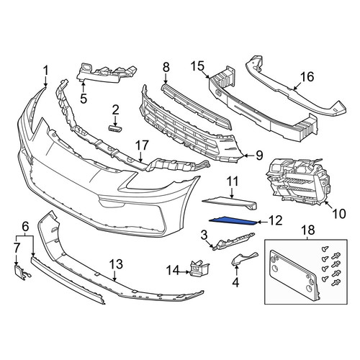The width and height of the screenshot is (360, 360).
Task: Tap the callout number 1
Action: (x=45, y=71)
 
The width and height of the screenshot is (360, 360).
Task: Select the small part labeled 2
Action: (x=115, y=128)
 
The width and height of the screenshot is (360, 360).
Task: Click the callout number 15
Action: (x=198, y=66)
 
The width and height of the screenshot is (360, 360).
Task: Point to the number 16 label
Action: (x=307, y=77)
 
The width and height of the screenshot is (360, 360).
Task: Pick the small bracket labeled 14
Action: (x=199, y=269)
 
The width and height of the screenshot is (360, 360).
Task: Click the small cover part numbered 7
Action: (x=22, y=271)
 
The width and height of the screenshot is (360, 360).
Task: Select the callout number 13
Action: (x=116, y=264)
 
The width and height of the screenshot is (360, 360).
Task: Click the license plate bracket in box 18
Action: (x=294, y=275)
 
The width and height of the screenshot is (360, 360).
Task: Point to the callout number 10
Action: (x=339, y=213)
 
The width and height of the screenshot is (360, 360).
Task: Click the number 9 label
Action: (x=259, y=156)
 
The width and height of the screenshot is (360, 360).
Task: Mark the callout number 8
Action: (x=166, y=68)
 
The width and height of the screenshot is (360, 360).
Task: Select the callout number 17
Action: (x=142, y=145)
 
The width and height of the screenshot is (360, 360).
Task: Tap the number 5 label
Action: (x=84, y=98)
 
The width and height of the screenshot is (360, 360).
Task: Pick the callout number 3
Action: (x=204, y=235)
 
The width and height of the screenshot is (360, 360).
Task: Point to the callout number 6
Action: (x=25, y=227)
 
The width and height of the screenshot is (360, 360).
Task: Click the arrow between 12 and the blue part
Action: (x=263, y=222)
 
